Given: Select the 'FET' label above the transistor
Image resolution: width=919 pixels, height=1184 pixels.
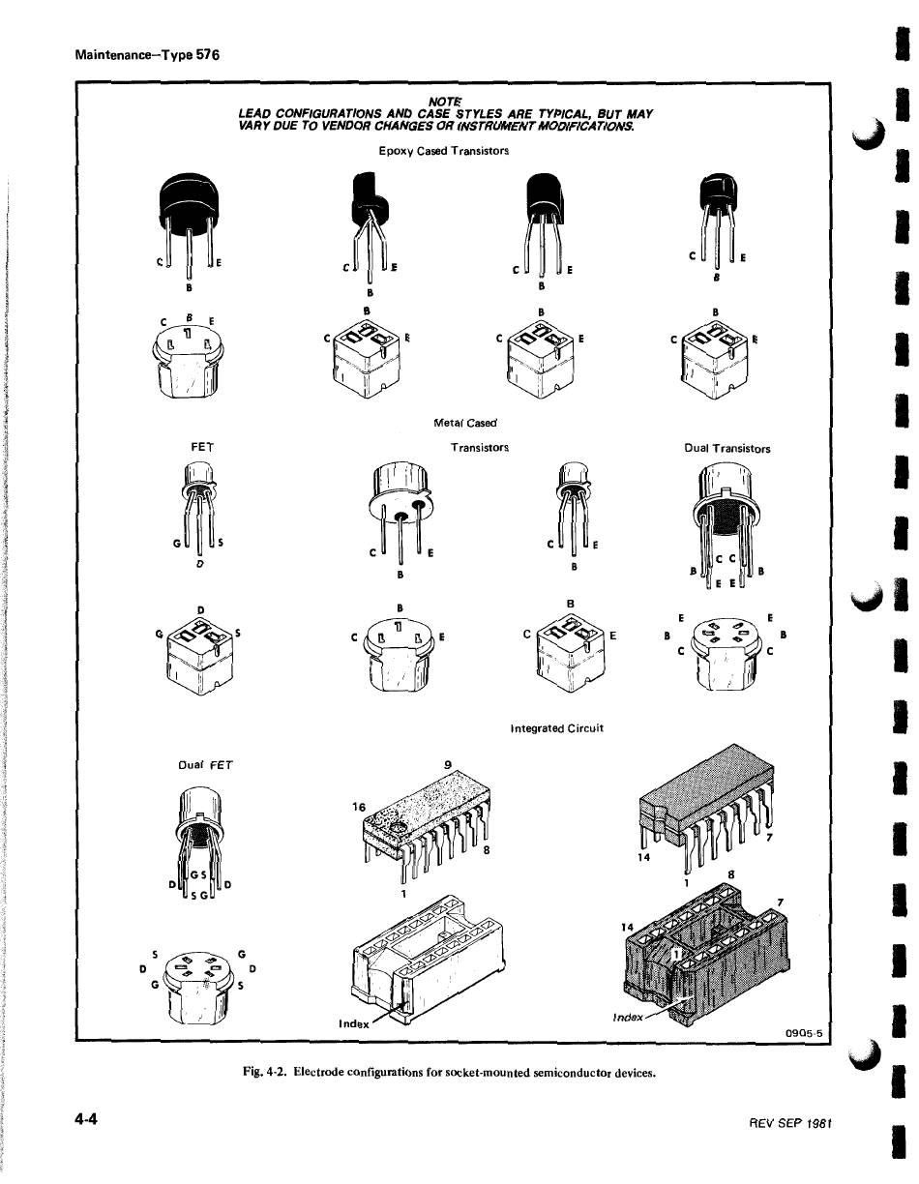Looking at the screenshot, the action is (203, 448).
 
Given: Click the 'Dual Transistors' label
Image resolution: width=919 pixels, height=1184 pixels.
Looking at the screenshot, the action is (726, 449).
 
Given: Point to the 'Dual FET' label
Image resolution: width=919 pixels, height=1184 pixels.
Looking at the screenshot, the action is (206, 765).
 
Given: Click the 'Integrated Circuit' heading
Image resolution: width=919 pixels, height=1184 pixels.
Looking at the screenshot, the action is (556, 728).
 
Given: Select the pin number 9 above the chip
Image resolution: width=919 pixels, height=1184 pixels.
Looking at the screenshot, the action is (448, 765).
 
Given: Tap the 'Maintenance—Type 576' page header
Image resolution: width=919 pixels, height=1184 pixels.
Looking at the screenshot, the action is (147, 54).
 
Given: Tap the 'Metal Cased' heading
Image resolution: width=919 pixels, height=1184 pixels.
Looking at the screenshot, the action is (464, 423).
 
